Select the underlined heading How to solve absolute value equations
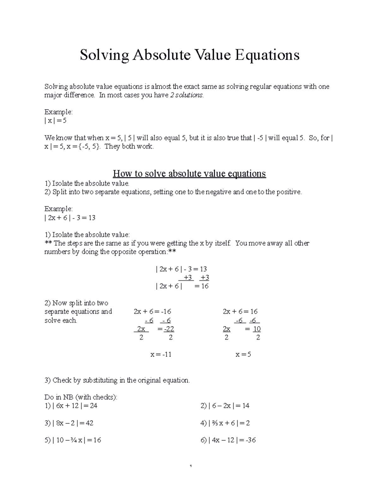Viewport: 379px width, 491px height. coord(189,174)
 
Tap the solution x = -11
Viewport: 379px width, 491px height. coord(161,354)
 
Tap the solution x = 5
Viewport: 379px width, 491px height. coord(243,354)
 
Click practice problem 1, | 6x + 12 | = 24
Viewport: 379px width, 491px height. coord(71,406)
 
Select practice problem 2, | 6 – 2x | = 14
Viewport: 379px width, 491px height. coord(225,406)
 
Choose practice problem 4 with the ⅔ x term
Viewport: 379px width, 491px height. coord(225,423)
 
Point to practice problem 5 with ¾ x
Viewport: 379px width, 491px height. coord(73,440)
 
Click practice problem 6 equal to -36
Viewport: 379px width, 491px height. coord(228,440)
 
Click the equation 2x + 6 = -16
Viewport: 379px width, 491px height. coord(152,311)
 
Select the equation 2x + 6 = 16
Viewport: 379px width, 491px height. coord(240,311)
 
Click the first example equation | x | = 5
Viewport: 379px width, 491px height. coord(55,121)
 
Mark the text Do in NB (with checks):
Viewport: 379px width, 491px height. coord(81,397)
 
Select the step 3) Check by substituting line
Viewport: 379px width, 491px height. coord(117,380)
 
